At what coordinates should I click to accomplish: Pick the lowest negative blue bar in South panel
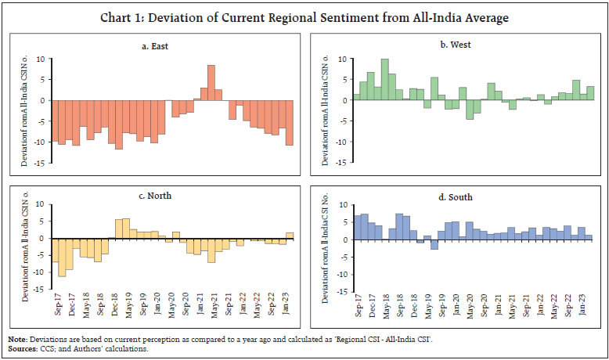(434, 244)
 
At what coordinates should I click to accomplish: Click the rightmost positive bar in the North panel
(289, 236)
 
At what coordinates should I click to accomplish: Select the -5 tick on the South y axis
(343, 256)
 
